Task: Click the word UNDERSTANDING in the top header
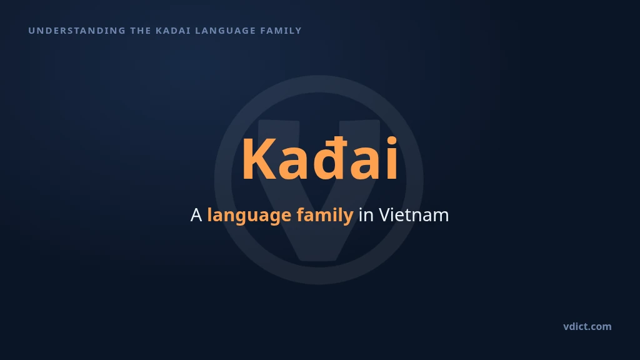click(x=77, y=31)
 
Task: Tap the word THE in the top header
click(x=141, y=31)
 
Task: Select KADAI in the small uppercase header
click(x=173, y=31)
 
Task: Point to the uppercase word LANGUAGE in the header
click(x=225, y=31)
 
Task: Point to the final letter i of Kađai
click(x=392, y=158)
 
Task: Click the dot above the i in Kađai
click(x=392, y=141)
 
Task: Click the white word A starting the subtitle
click(x=196, y=215)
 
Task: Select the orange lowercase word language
click(x=249, y=216)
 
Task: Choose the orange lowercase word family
click(x=325, y=216)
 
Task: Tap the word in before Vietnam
click(x=366, y=215)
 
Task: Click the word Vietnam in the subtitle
click(x=414, y=215)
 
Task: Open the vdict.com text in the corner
click(x=587, y=326)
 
